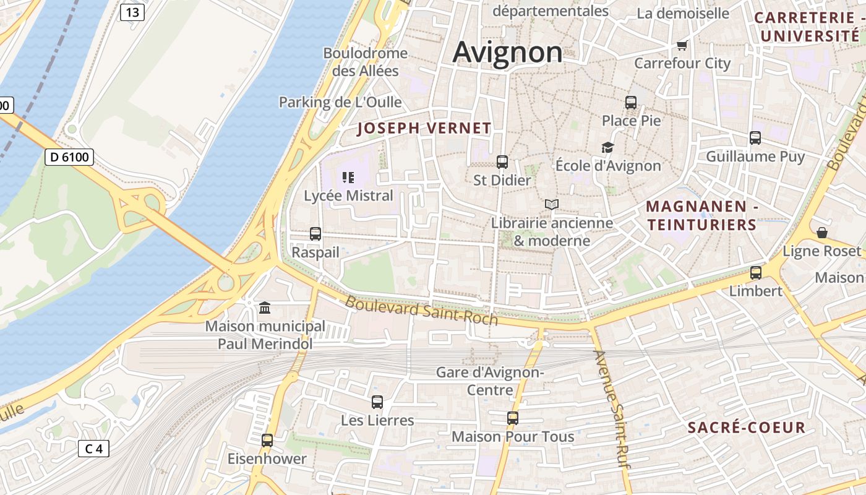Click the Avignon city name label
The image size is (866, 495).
pyautogui.click(x=508, y=52)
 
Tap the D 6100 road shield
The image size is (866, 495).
pyautogui.click(x=69, y=157)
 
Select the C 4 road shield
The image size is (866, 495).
pyautogui.click(x=93, y=449)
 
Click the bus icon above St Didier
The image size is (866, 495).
pyautogui.click(x=502, y=162)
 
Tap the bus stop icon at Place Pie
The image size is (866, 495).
pyautogui.click(x=631, y=103)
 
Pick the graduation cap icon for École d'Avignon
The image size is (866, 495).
pyautogui.click(x=607, y=148)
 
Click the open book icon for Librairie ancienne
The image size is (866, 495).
pyautogui.click(x=551, y=204)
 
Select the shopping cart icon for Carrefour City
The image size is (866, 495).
pyautogui.click(x=682, y=45)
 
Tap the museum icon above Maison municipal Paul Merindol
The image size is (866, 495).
pyautogui.click(x=265, y=308)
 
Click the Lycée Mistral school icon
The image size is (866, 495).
pyautogui.click(x=348, y=178)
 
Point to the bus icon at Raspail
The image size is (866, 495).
pyautogui.click(x=315, y=234)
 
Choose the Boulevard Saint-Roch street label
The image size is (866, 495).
pyautogui.click(x=421, y=310)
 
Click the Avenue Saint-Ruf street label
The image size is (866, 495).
pyautogui.click(x=612, y=406)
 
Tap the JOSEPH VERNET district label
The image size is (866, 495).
pyautogui.click(x=424, y=129)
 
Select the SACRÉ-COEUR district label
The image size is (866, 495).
pyautogui.click(x=747, y=428)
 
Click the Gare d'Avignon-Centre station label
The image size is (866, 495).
pyautogui.click(x=490, y=381)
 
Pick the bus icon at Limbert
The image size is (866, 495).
pyautogui.click(x=755, y=272)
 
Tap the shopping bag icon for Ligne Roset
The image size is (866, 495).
pyautogui.click(x=822, y=233)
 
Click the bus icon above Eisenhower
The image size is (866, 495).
pyautogui.click(x=267, y=441)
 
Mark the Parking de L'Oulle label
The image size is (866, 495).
pyautogui.click(x=340, y=102)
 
